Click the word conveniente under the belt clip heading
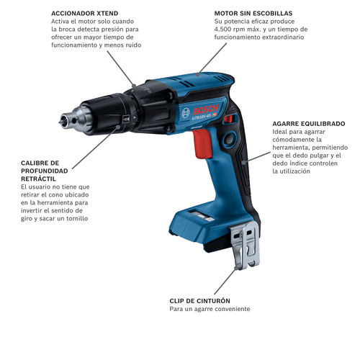tap(227, 309)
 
